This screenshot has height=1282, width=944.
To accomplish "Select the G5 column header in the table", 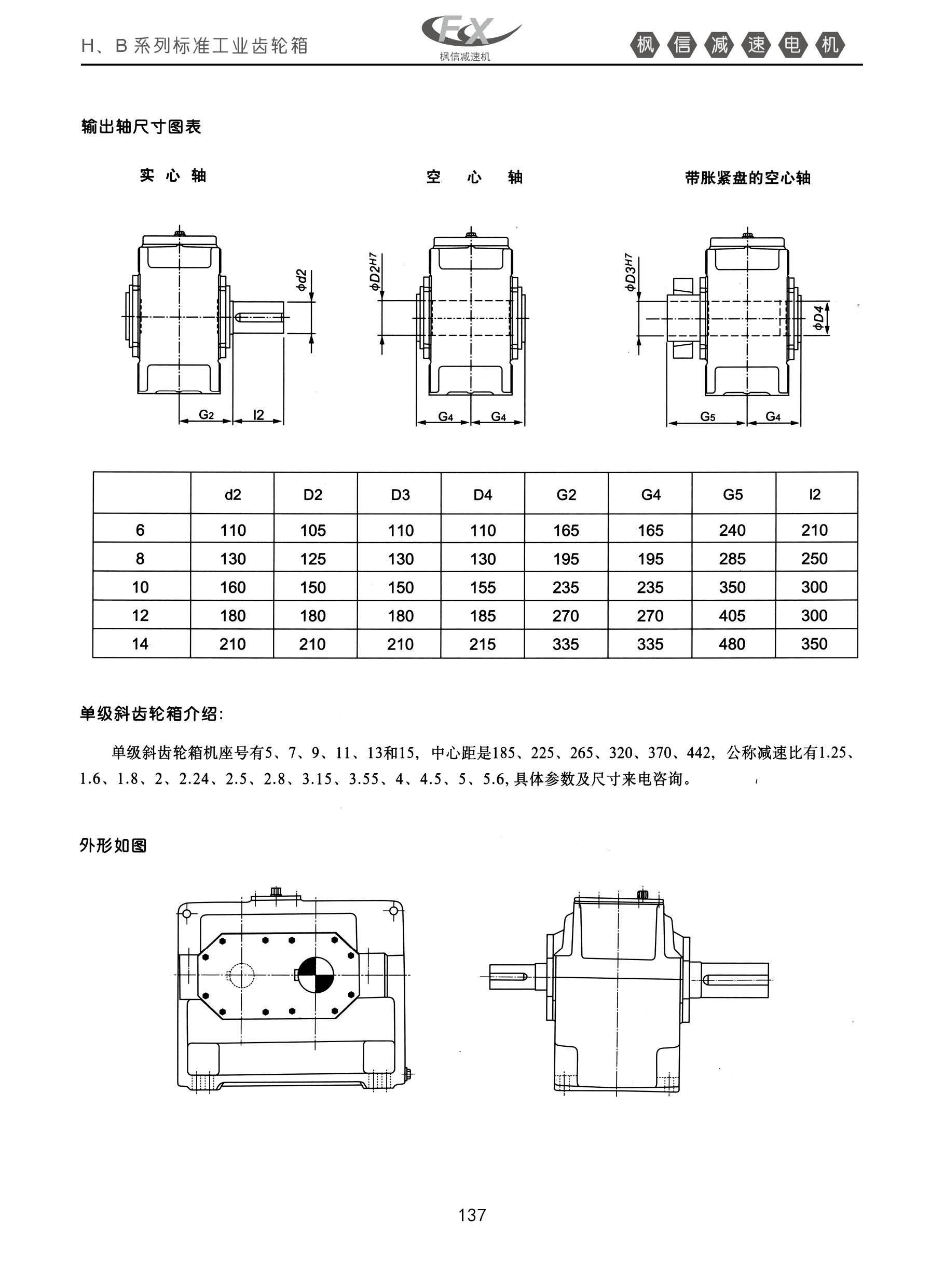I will [x=733, y=494].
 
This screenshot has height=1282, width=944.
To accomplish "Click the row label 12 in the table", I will [x=140, y=616].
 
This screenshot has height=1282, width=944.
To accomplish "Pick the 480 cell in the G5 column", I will [x=732, y=644].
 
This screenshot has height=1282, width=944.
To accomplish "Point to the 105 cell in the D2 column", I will [x=313, y=531].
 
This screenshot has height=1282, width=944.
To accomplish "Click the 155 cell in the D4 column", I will [x=483, y=588].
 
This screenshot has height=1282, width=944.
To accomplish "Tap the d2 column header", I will [x=232, y=494].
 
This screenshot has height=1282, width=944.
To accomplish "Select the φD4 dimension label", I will [x=819, y=318].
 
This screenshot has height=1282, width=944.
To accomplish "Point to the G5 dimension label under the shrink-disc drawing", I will [x=707, y=416].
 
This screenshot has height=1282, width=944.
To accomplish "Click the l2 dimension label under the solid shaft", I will [x=258, y=415].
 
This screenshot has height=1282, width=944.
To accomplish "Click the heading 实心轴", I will [x=173, y=176].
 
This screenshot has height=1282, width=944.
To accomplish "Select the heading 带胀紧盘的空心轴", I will [x=747, y=178].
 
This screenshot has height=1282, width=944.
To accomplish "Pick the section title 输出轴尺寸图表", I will [x=141, y=126].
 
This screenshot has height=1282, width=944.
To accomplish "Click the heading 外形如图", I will [x=113, y=845].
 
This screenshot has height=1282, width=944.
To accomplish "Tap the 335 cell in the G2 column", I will [x=566, y=644].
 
